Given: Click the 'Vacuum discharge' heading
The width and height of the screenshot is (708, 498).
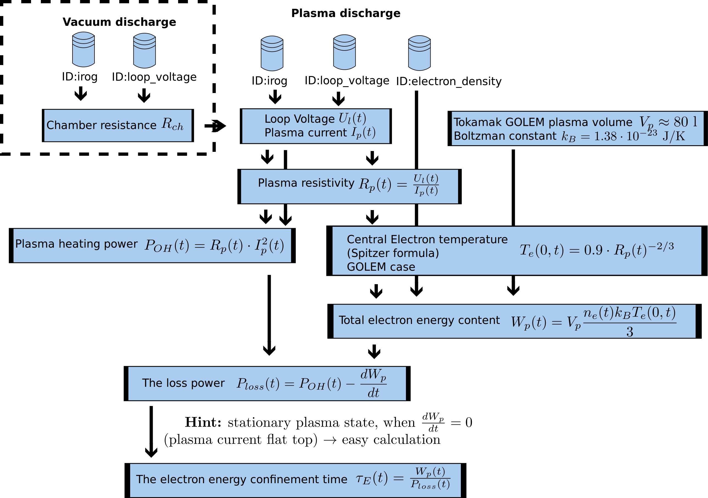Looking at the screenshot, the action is (119, 22).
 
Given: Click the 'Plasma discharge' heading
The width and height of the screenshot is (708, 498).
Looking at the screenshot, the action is (346, 13).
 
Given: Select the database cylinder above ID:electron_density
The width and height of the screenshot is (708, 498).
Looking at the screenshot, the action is (419, 53).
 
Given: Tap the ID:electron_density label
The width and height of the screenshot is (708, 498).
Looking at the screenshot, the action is (449, 81).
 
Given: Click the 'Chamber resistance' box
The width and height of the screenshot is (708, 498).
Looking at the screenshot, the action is (118, 125).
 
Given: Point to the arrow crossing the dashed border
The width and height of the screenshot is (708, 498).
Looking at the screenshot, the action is (215, 126).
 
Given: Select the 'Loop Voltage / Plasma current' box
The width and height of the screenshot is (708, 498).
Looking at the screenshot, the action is (316, 126).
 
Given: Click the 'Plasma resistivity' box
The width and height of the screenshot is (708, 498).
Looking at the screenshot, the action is (349, 186).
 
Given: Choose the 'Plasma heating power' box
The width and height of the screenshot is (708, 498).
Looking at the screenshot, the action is (152, 246).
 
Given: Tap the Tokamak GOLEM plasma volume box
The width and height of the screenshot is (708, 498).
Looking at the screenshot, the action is (578, 128).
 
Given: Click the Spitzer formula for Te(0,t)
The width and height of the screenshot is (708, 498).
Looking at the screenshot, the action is (597, 250).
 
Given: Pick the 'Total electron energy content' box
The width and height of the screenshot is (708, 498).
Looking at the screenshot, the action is (514, 321).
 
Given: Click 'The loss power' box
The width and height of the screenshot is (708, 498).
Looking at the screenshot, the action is (267, 384).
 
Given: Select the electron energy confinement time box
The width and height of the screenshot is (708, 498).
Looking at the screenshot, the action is (296, 480).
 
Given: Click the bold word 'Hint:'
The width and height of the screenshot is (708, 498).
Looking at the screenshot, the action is (203, 422).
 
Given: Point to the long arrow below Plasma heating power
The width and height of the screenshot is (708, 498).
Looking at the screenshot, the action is (269, 315).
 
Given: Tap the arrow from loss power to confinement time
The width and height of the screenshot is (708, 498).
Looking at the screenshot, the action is (151, 432).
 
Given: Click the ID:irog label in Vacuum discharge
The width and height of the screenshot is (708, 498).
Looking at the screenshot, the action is (80, 77).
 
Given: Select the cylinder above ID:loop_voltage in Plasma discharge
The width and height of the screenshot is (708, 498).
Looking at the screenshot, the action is (344, 52).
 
